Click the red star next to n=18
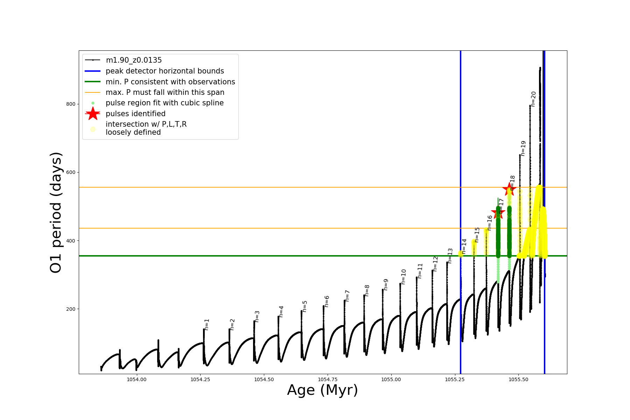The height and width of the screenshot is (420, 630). point(509,189)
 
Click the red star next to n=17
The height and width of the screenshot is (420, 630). point(498,212)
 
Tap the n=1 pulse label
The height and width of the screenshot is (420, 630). point(207,324)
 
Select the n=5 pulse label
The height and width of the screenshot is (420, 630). point(305,306)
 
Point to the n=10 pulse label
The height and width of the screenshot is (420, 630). point(404,276)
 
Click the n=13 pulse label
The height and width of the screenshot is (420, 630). point(450,256)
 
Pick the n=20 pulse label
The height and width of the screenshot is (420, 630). point(533,99)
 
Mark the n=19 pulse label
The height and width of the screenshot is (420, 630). point(523,148)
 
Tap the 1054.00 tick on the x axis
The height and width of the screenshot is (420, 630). point(136,379)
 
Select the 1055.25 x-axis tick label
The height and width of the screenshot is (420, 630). point(455,379)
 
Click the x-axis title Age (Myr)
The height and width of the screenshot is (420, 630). point(322,390)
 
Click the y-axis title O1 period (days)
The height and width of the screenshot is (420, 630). point(56,212)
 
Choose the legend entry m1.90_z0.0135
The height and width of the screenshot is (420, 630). point(134,60)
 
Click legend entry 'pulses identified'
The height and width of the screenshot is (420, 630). point(135,114)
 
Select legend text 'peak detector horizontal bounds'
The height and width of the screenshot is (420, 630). point(165,71)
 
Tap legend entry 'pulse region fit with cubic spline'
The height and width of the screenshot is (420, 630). point(164,103)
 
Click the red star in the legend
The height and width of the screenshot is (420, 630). point(93,113)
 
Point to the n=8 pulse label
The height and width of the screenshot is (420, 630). point(367,290)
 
